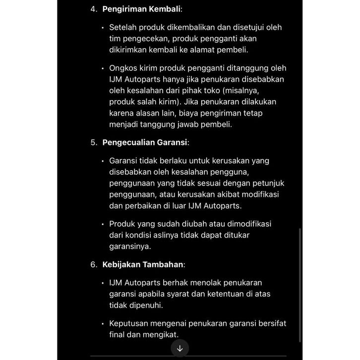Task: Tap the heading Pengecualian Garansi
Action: [x=144, y=142]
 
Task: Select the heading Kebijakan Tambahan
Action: [x=143, y=264]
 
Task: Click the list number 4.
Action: [x=94, y=9]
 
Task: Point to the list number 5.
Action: [x=94, y=142]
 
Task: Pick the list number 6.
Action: [x=94, y=264]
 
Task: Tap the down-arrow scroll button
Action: [x=180, y=348]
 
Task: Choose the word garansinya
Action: [x=130, y=246]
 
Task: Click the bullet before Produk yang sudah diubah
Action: [x=103, y=224]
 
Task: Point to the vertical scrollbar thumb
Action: [x=300, y=285]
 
